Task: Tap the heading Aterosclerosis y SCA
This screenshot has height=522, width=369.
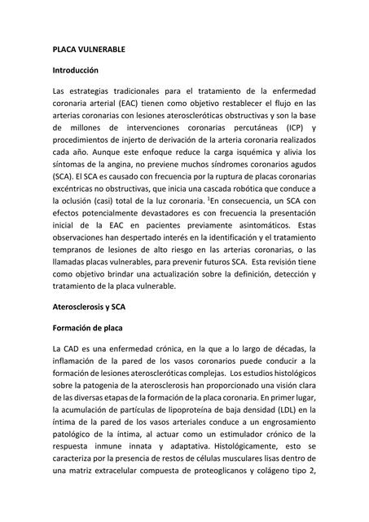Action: pos(95,308)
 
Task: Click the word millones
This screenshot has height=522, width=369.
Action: pos(88,127)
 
